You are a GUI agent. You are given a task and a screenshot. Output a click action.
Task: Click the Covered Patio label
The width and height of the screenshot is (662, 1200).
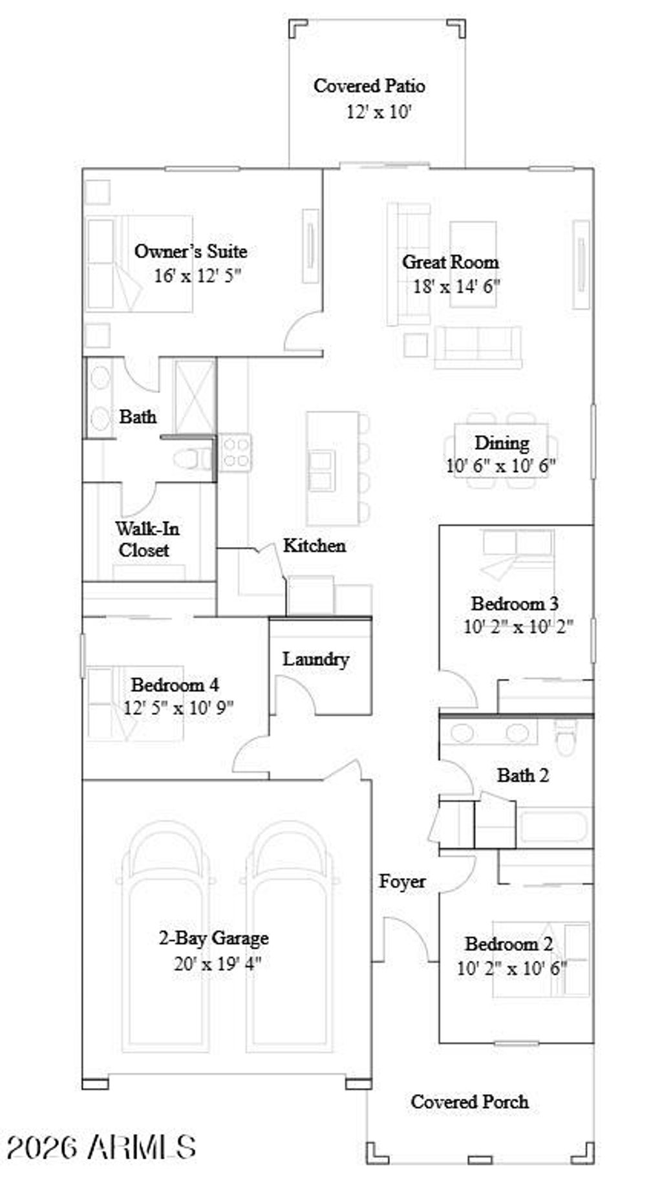369,86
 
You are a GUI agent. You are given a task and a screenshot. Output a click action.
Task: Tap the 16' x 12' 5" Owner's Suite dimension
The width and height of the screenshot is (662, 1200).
197,276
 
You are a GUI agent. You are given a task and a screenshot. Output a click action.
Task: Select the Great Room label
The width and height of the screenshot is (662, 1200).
450,262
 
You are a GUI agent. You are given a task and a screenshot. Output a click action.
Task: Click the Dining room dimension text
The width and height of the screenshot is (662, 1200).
500,466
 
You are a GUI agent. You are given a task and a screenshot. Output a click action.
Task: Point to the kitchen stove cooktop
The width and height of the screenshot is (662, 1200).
235,452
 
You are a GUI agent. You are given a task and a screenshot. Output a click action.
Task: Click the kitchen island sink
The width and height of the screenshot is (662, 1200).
322,470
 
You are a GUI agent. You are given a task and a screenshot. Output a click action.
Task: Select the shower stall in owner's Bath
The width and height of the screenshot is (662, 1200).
195,396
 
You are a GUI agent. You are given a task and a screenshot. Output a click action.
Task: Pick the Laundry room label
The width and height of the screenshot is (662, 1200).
315,659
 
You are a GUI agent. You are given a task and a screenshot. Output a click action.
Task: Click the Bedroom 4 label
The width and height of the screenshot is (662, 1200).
175,684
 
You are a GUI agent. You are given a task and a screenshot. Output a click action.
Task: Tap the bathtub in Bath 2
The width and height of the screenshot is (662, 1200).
553,827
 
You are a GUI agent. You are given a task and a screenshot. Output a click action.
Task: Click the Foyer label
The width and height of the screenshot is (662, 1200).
401,881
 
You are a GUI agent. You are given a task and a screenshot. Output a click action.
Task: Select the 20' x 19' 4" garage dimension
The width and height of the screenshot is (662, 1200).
217,963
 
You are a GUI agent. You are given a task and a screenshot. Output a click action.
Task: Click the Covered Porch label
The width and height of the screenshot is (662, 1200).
469,1101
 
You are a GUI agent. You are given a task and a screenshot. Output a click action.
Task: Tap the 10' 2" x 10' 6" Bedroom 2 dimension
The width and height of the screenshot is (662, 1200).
511,969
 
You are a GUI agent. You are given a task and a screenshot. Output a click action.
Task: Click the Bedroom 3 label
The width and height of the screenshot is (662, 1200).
515,603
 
